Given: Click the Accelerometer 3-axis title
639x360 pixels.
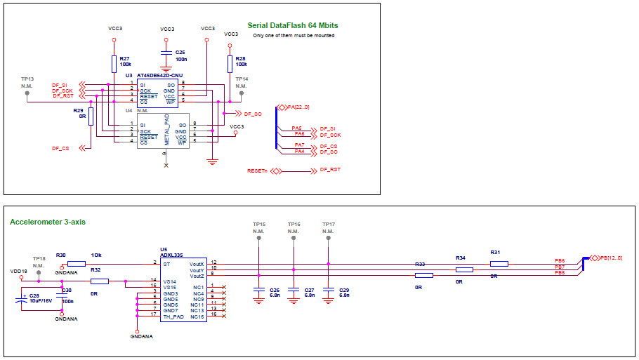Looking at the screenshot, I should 48,222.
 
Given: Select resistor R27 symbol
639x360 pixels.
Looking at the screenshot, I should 114,65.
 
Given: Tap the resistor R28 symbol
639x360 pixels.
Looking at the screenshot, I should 230,65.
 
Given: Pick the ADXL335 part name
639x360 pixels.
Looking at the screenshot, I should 171,255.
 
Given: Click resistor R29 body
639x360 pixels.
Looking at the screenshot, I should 91,116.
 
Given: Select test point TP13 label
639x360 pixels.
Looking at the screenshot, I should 27,79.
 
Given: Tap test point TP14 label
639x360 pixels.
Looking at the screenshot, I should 242,79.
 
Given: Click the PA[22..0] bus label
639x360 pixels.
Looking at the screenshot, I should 298,107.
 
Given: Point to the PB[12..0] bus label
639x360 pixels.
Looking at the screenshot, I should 610,258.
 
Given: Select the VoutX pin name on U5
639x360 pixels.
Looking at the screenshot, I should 196,263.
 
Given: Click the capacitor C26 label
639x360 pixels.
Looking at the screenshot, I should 275,290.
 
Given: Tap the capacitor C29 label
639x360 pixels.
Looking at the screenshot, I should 343,290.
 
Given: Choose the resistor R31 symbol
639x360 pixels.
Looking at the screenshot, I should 499,264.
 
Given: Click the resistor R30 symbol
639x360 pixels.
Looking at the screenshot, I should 77,264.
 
